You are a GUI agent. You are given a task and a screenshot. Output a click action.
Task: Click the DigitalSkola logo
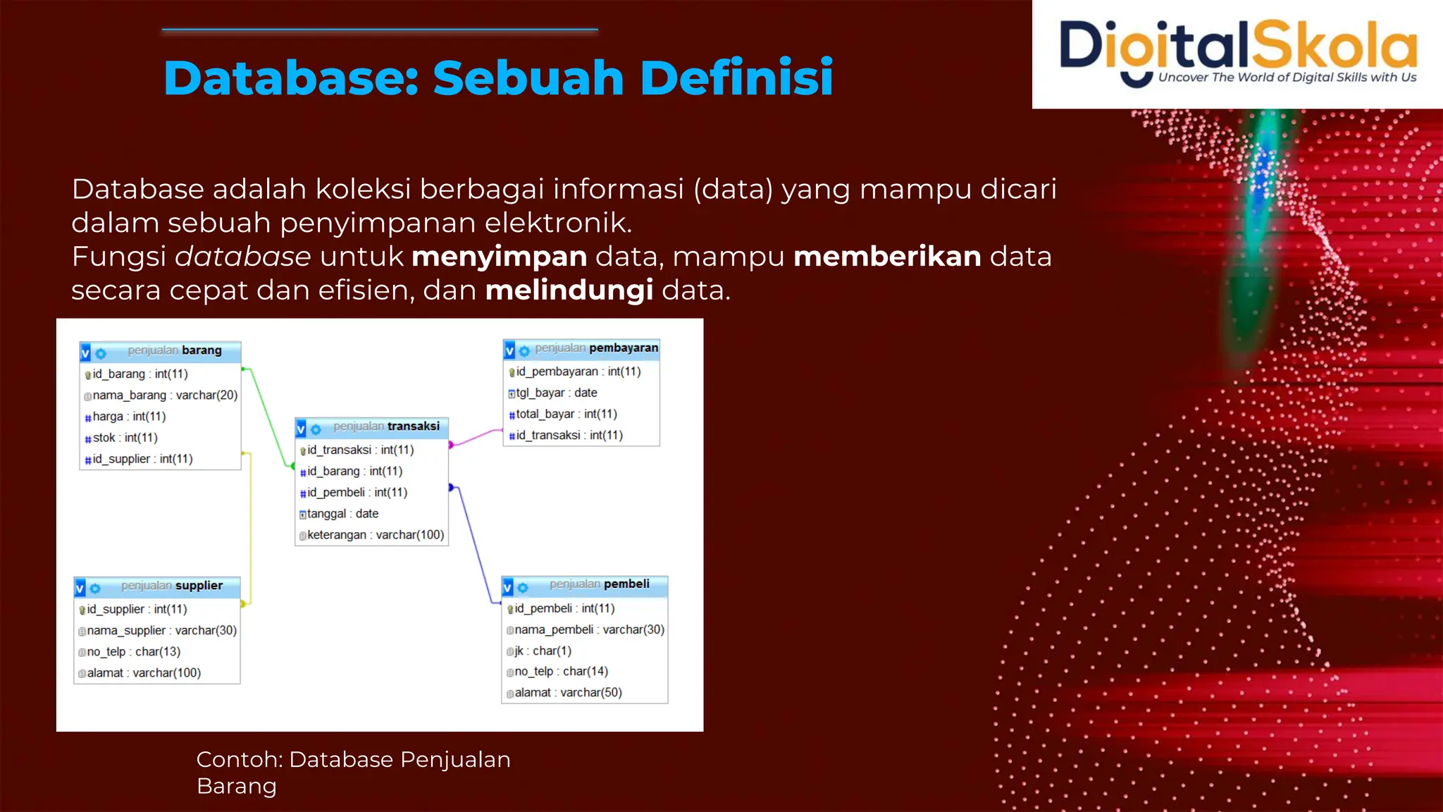point(1238,54)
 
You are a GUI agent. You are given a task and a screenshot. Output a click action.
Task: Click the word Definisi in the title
point(736,78)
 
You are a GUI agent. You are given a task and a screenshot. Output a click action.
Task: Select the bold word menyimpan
point(499,257)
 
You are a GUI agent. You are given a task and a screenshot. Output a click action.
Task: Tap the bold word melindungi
point(569,290)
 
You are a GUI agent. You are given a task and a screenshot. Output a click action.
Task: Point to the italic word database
point(243,257)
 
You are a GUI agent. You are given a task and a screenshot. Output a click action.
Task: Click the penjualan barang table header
point(161,351)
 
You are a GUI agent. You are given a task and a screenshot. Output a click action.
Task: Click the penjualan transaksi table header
point(372,427)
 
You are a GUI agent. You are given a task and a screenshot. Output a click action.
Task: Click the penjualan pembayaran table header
point(582,349)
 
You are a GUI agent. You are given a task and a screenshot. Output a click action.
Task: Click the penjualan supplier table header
point(157,586)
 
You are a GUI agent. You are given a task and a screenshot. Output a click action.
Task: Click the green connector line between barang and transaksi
point(268,417)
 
